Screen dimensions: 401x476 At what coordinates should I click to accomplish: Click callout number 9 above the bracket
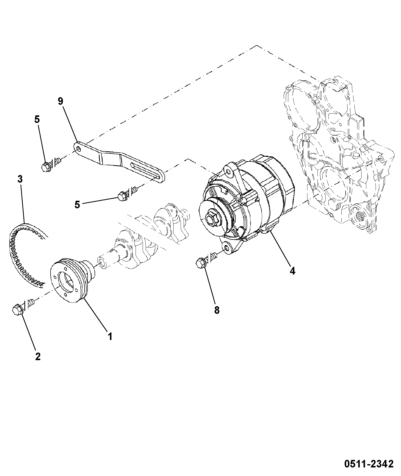click(60, 101)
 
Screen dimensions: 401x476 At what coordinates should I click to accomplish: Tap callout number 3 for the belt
click(20, 179)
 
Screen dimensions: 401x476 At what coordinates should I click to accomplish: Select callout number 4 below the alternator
click(292, 271)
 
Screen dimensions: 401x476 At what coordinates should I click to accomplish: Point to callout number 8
click(217, 310)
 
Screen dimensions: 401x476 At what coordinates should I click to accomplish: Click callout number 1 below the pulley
click(110, 336)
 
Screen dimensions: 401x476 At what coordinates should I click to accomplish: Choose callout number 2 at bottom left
click(38, 356)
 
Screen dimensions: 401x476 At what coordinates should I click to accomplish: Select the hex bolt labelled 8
click(201, 263)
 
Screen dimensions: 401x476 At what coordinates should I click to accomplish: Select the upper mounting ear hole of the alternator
click(228, 172)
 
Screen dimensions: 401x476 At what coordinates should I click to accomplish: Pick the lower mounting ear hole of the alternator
click(227, 248)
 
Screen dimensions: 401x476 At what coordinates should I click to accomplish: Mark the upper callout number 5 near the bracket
click(37, 120)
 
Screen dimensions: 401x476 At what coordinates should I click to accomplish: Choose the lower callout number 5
click(77, 205)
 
